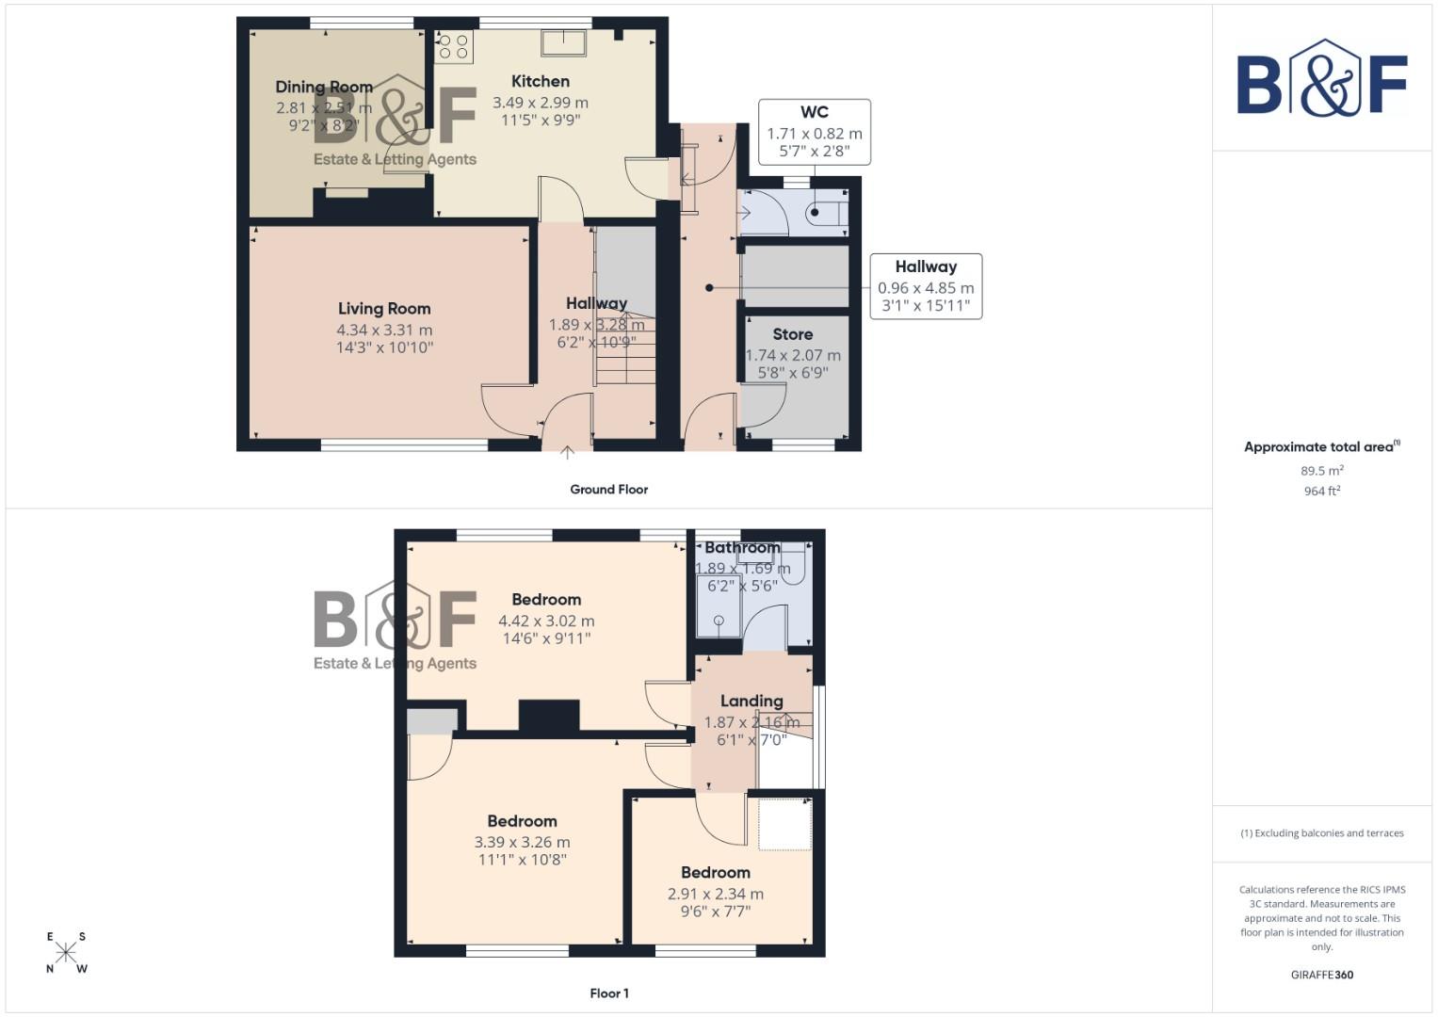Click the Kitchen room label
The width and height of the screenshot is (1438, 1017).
(x=540, y=82)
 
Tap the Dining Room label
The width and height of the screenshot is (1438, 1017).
(x=324, y=87)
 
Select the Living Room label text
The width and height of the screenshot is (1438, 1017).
(x=384, y=309)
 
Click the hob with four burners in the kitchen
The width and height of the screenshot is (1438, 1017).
(x=454, y=46)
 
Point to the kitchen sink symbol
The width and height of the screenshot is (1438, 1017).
(x=564, y=42)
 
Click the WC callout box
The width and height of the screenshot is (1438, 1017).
(x=814, y=132)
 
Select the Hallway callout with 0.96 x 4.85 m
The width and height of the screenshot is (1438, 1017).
(x=926, y=286)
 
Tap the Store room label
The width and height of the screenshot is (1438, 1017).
(x=792, y=334)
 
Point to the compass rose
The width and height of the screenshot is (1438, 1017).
(x=66, y=952)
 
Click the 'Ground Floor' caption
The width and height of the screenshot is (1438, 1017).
(x=608, y=490)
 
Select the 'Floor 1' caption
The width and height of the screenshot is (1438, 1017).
(x=608, y=993)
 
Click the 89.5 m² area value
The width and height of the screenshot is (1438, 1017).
(x=1321, y=471)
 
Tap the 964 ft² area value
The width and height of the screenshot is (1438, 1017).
(x=1321, y=492)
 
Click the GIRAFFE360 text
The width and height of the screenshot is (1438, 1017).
(x=1321, y=976)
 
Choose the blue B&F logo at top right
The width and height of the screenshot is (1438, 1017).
(x=1321, y=79)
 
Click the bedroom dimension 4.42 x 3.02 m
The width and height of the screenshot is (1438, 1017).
(x=546, y=621)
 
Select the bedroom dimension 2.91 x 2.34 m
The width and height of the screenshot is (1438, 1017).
(x=715, y=895)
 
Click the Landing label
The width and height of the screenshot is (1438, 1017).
(x=751, y=702)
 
